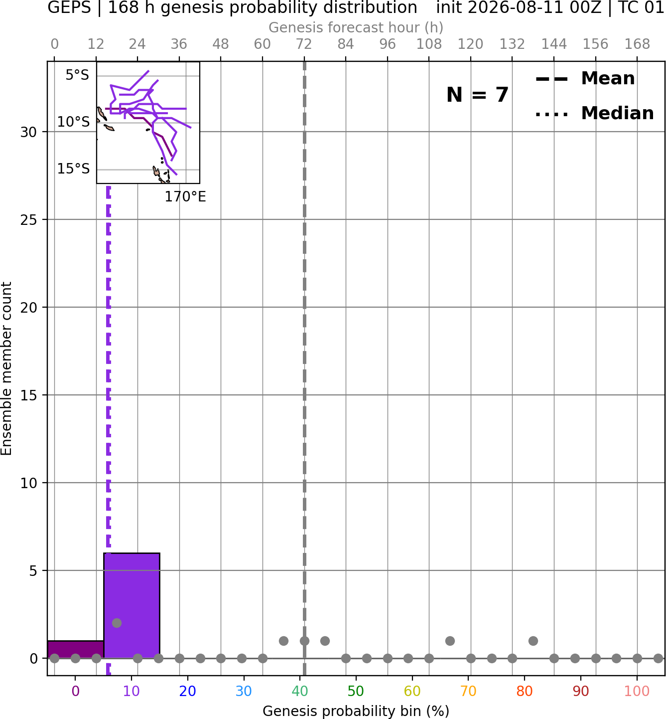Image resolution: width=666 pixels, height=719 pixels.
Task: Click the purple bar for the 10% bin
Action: pos(132,605)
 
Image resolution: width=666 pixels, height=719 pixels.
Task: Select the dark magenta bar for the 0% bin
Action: pos(76,650)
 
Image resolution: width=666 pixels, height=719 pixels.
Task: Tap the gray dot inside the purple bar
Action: pos(117,623)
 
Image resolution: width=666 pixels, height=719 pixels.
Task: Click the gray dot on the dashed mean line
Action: pos(304,641)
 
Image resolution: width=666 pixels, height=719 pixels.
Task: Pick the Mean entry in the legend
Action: pos(585,79)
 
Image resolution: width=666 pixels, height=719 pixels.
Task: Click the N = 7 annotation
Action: pos(478,95)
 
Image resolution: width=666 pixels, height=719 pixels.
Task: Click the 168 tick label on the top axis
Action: pos(638,44)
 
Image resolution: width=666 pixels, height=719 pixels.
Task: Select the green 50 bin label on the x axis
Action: pos(356,691)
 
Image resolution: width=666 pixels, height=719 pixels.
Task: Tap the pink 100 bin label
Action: pos(637,691)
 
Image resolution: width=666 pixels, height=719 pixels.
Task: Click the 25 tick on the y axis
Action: pos(28,220)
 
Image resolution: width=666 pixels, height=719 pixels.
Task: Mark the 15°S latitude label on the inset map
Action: pos(73,169)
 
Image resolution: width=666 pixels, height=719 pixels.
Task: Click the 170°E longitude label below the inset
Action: pos(185,197)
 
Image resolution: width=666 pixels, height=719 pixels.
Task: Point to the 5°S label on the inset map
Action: pos(77,75)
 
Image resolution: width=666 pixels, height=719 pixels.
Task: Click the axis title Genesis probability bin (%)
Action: pos(356,712)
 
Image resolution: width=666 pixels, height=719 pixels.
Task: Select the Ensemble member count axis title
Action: pos(6,368)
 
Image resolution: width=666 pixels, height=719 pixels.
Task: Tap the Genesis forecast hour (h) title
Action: pos(356,27)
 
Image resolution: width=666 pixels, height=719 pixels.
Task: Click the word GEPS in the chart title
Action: pos(69,7)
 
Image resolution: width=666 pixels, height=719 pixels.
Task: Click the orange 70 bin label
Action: pos(468,691)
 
